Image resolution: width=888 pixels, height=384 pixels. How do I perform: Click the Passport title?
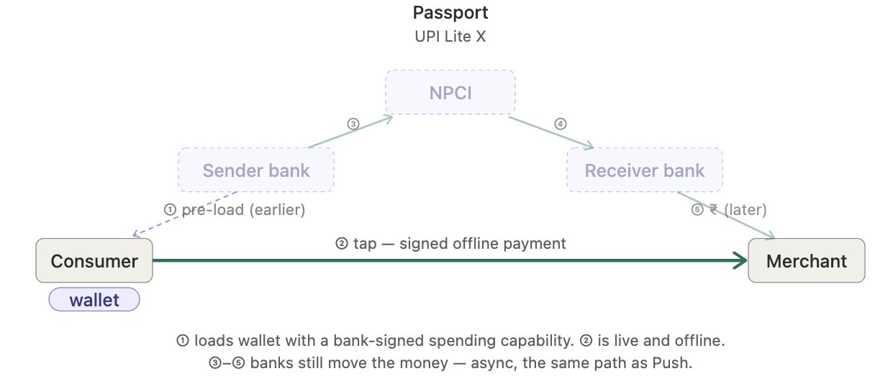[450, 13]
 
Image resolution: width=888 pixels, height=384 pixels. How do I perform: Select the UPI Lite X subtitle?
[450, 37]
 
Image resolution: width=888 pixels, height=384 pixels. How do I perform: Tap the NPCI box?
[450, 92]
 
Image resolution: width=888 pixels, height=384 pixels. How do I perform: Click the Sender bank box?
[256, 170]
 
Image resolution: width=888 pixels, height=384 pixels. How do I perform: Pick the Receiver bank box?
[645, 170]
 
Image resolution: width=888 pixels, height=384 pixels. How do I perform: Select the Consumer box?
[94, 260]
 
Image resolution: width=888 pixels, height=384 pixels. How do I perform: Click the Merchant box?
[807, 260]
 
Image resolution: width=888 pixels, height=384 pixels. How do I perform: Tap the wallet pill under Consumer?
[94, 300]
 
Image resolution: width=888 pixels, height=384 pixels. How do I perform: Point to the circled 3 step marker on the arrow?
[353, 124]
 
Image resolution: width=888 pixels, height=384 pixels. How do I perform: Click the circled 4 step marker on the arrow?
[560, 124]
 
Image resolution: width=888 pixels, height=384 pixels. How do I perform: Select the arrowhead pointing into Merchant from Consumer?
[740, 260]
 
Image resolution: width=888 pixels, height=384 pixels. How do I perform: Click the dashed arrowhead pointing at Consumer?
[137, 234]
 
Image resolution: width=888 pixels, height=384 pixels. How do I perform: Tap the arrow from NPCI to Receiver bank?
[551, 133]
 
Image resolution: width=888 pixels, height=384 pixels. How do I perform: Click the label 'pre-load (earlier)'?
[243, 210]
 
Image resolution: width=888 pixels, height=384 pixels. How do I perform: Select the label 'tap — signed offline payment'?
[460, 244]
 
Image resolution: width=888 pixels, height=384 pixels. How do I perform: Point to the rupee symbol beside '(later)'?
[714, 209]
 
